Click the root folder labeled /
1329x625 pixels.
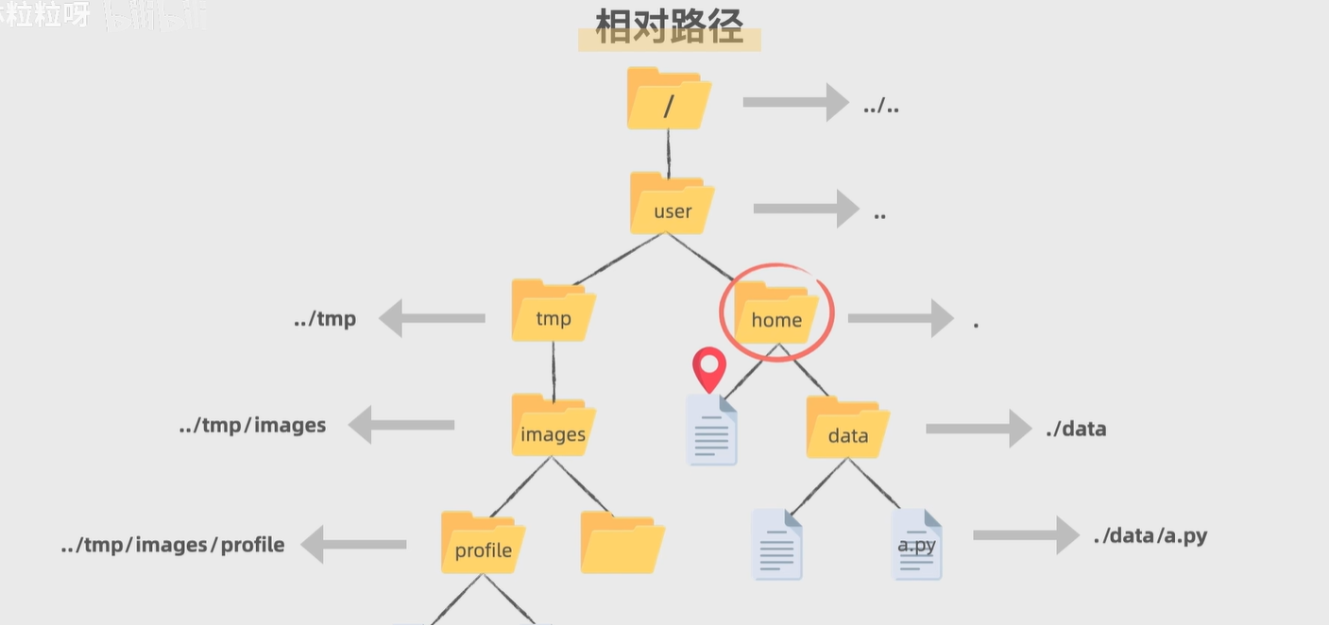click(668, 100)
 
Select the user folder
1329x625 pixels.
click(672, 204)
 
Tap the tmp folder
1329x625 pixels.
click(554, 312)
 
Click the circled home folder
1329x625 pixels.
click(776, 313)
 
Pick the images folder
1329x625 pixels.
click(554, 427)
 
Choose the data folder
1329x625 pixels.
click(847, 429)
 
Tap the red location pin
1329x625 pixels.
click(709, 369)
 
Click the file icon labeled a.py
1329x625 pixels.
click(916, 545)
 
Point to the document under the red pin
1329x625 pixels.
click(711, 431)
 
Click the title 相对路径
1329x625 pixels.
click(669, 29)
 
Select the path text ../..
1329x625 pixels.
click(880, 106)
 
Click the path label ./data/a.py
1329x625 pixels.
click(1150, 536)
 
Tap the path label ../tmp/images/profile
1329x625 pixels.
click(173, 545)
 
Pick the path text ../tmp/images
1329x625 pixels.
click(252, 426)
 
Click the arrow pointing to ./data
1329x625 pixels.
click(978, 429)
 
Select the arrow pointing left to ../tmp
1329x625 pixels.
click(433, 318)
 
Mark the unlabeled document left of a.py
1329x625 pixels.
click(776, 545)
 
